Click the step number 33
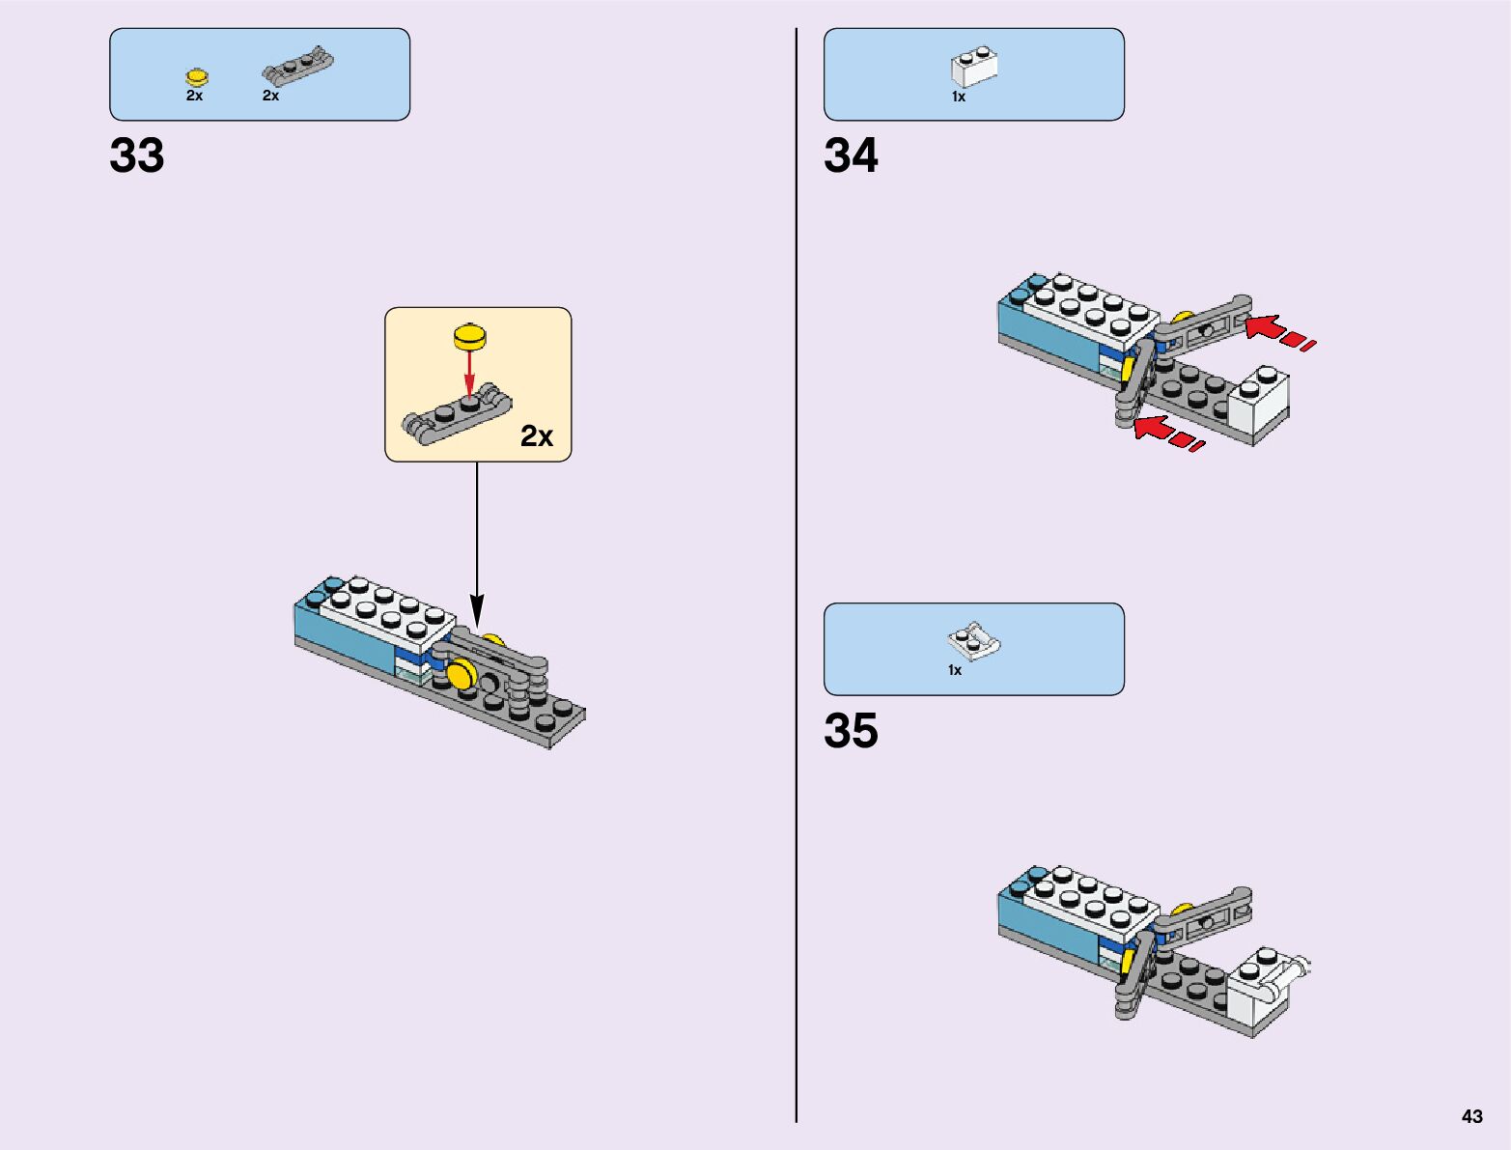point(137,155)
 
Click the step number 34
point(851,155)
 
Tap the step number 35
point(851,731)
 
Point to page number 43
point(1471,1116)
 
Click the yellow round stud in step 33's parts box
point(196,77)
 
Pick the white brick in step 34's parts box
point(974,68)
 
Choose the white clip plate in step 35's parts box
point(974,641)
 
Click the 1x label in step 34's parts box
point(959,97)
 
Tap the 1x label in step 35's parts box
point(955,670)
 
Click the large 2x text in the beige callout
point(537,436)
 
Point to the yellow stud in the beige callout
point(470,337)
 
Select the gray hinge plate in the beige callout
point(456,415)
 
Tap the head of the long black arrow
point(476,612)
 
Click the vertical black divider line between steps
point(797,579)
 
